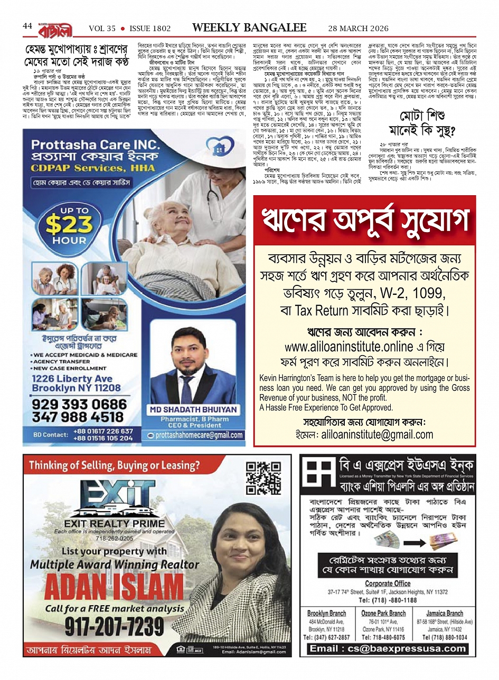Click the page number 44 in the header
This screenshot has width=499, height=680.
coord(27,26)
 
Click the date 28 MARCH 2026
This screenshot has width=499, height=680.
coord(357,28)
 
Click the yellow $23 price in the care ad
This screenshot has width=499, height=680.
coord(69,225)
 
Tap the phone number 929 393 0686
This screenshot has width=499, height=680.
coord(80,404)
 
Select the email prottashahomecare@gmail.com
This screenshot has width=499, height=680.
coord(200,435)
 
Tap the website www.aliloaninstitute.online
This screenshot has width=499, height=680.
coord(349,347)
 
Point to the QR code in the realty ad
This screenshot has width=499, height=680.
coord(263,478)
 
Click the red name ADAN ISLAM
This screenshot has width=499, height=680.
coord(114,586)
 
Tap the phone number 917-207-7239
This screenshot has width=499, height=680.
coord(115,626)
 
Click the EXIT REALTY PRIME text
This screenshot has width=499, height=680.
coord(114,523)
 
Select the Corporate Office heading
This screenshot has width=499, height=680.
coord(388,583)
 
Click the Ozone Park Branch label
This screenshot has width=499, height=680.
coord(383,614)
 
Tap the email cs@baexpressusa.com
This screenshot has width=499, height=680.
coord(388,649)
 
